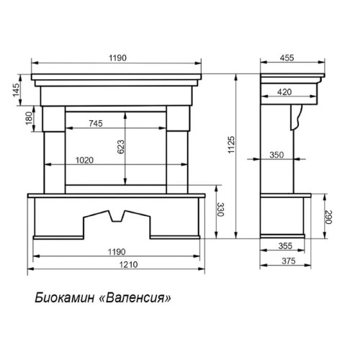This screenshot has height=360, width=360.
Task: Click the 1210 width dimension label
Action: click(129, 264)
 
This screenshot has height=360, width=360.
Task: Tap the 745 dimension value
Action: click(96, 123)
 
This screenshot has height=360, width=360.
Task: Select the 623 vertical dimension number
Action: click(121, 147)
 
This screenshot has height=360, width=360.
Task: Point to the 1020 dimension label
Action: click(84, 160)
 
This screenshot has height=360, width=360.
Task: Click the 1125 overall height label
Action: click(231, 145)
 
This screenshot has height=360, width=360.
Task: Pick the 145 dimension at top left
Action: click(17, 90)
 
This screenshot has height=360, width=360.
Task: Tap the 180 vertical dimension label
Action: click(29, 118)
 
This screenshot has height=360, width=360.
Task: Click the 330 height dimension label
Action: click(220, 210)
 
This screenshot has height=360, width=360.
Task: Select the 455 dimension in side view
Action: click(287, 58)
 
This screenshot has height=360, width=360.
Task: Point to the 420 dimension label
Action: click(284, 92)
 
